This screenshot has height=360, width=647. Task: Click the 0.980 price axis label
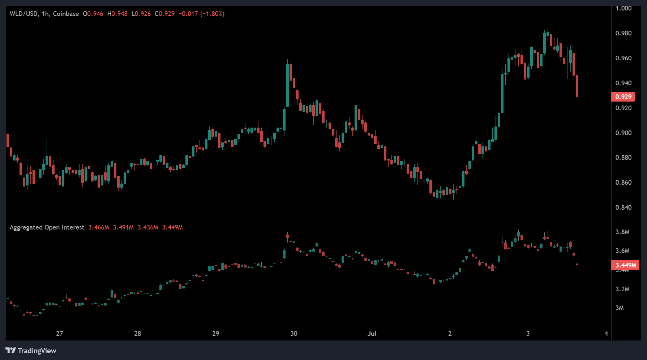click(x=623, y=33)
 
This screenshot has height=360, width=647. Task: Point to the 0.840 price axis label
click(x=623, y=207)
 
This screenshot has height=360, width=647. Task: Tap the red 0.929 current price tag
click(x=623, y=97)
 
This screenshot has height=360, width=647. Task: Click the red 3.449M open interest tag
click(x=625, y=265)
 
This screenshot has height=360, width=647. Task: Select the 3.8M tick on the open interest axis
click(x=622, y=232)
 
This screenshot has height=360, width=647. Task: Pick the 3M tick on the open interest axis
click(x=620, y=308)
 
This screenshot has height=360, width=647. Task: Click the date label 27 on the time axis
click(x=60, y=334)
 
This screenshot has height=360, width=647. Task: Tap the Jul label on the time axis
click(x=372, y=334)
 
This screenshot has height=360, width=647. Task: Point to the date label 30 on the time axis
click(x=294, y=334)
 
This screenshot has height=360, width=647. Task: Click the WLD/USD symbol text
click(x=23, y=14)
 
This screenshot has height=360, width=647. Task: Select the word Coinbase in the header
click(x=66, y=14)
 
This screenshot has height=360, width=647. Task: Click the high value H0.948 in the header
click(x=117, y=14)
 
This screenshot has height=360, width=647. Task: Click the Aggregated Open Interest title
click(x=47, y=227)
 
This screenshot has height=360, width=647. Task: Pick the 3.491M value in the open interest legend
click(x=123, y=227)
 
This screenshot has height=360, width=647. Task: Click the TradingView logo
click(x=31, y=351)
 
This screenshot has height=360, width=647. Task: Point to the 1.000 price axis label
click(x=623, y=8)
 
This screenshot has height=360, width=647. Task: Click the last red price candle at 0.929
click(x=577, y=86)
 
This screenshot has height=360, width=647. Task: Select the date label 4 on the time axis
click(x=606, y=334)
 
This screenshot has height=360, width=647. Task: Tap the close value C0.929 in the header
click(x=164, y=14)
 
